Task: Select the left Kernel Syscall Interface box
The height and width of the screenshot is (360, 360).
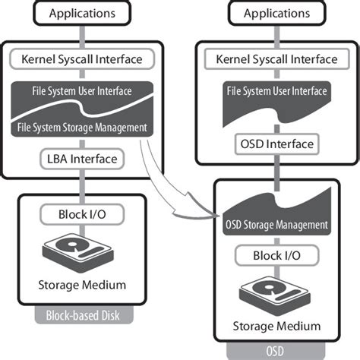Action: [x=81, y=58]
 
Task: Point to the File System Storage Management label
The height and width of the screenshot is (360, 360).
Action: [x=81, y=127]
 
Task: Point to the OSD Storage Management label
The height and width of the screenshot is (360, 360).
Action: [x=276, y=226]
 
